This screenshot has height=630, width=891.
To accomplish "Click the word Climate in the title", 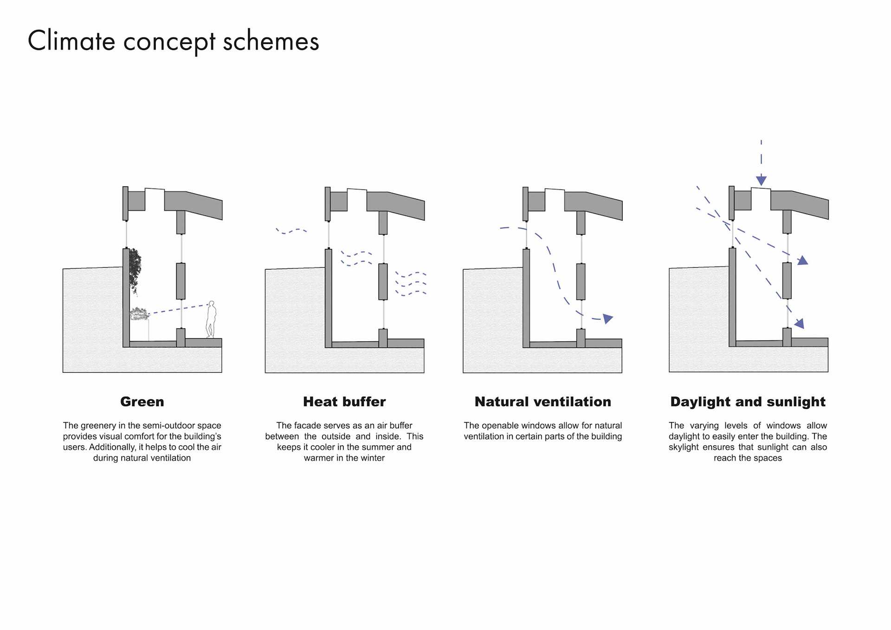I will click(71, 41).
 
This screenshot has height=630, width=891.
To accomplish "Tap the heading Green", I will click(142, 402).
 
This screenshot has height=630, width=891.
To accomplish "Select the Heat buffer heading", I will click(344, 402).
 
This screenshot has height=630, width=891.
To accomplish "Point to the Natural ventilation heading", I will click(542, 402).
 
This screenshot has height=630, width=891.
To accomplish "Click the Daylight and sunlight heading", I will click(748, 402).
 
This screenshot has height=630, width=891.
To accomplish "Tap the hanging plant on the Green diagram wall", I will click(135, 270).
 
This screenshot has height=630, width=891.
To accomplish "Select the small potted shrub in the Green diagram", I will click(139, 314).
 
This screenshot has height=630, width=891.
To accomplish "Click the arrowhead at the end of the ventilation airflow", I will click(607, 318).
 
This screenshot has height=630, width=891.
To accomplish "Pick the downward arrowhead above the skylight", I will click(761, 180).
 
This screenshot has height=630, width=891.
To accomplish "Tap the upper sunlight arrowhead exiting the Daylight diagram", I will click(802, 261).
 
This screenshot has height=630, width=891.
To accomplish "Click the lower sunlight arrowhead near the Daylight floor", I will click(799, 323).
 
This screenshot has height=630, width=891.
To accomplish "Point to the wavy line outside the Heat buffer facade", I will click(291, 230).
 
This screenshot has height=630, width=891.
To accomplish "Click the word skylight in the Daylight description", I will click(684, 447).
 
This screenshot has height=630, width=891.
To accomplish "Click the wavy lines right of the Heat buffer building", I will click(411, 283).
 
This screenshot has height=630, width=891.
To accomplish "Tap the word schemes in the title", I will click(271, 41).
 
